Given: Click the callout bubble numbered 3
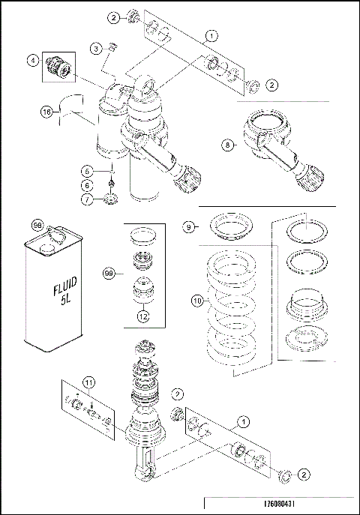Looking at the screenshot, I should point(97,49).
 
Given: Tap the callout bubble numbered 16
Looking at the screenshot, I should point(46,112).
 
